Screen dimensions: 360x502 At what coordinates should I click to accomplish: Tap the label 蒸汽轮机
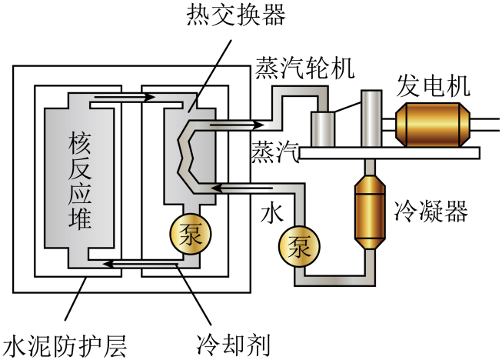pyautogui.click(x=304, y=68)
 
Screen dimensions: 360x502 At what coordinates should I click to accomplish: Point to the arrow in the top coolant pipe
pyautogui.click(x=123, y=98)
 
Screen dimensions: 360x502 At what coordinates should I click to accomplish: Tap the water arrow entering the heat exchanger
pyautogui.click(x=238, y=186)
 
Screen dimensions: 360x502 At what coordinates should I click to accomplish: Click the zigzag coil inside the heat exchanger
pyautogui.click(x=185, y=154)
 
